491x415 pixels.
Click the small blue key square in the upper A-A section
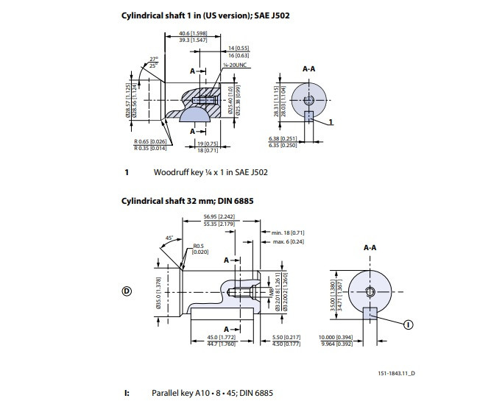[309, 116]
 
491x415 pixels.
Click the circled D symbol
[126, 291]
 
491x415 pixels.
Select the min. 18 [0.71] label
[289, 233]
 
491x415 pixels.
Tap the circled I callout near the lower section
[409, 323]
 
